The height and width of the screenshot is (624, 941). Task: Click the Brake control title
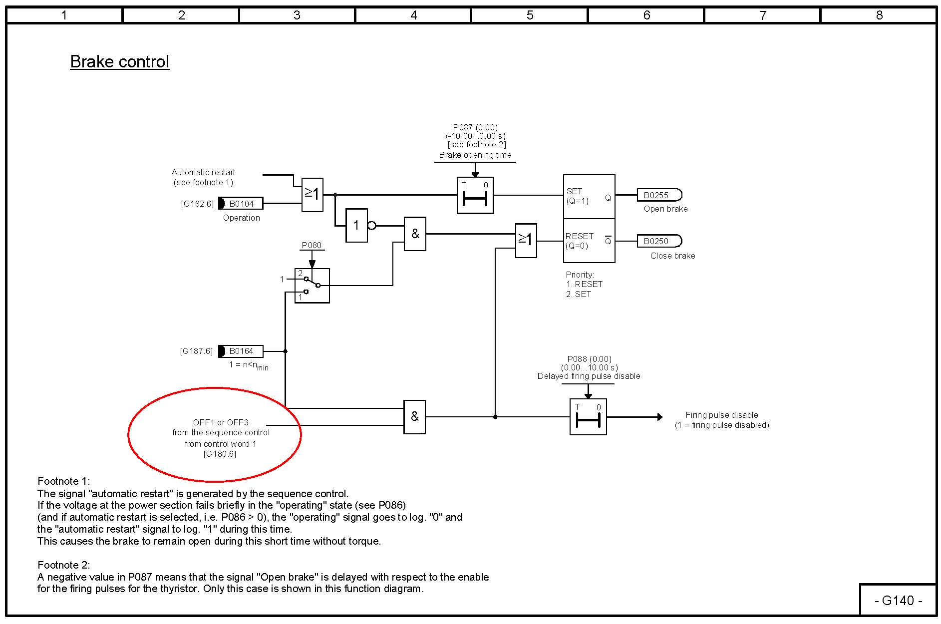pos(119,62)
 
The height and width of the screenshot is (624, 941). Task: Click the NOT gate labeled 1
pos(356,226)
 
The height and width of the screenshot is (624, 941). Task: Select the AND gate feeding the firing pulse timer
pos(414,417)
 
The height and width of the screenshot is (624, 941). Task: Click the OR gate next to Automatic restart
pos(313,195)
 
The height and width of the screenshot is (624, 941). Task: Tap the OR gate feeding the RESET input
pos(526,240)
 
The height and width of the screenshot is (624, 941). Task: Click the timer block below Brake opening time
pos(475,195)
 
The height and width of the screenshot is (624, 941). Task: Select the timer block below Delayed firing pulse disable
pos(588,417)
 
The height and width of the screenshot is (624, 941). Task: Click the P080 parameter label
pos(312,245)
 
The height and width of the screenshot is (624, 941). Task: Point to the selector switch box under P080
pos(312,286)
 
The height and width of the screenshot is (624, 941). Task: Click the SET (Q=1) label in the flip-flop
pos(578,196)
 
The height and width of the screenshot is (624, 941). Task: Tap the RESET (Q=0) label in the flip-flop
pos(579,241)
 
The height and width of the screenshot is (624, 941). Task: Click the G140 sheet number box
pos(898,600)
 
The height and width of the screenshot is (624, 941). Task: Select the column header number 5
pos(530,15)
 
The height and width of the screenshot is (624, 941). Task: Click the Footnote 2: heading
pos(64,565)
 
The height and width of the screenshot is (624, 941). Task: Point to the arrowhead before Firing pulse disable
pos(659,417)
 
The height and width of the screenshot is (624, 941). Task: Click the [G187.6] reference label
pos(196,351)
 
